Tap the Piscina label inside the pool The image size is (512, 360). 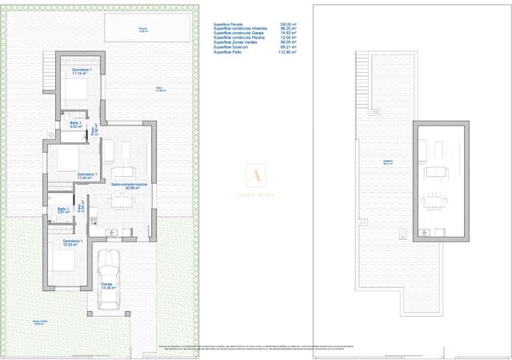pos(142,30)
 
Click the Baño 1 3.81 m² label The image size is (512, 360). pos(62,211)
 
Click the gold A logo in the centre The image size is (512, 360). pos(256,172)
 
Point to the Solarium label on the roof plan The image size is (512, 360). pos(390,161)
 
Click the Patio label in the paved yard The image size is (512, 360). pos(160,90)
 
